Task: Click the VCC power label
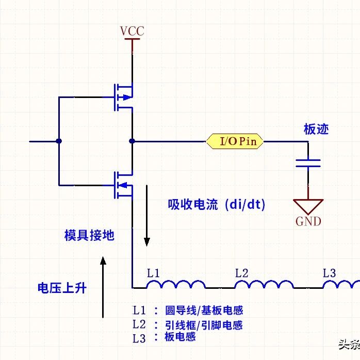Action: click(x=132, y=31)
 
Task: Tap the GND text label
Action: click(x=308, y=222)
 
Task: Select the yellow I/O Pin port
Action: click(x=235, y=141)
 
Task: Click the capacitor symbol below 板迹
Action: click(x=308, y=163)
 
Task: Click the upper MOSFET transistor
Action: click(x=123, y=97)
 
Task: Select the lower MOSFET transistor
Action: click(x=123, y=185)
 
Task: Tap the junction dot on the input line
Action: click(x=59, y=141)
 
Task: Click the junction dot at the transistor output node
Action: click(x=132, y=141)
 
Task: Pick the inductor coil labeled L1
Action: click(x=176, y=284)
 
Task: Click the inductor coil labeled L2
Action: click(x=264, y=284)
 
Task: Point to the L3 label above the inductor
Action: click(x=329, y=273)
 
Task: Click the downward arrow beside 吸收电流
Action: click(x=147, y=216)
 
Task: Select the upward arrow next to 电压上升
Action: click(x=103, y=287)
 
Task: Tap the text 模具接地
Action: click(x=89, y=235)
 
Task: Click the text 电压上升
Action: click(x=62, y=288)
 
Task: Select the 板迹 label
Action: click(x=316, y=129)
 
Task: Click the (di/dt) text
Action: click(x=245, y=204)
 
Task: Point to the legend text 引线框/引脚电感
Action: click(x=204, y=325)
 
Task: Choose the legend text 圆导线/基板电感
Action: click(x=204, y=310)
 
